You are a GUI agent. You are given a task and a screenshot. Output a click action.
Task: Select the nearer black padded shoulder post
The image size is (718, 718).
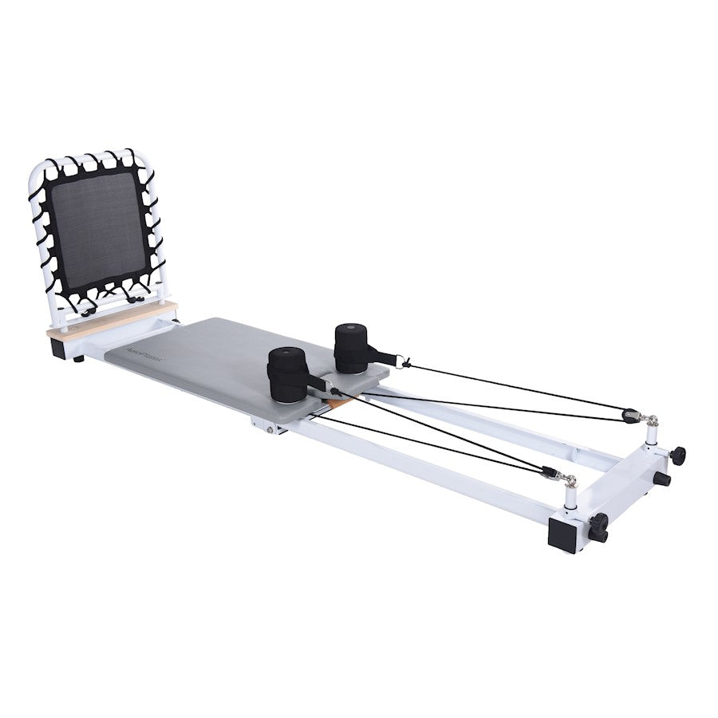point(288,374)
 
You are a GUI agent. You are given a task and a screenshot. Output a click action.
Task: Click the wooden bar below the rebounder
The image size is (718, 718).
point(112,318)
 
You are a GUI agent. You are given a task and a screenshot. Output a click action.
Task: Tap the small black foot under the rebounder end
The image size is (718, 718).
point(78,360)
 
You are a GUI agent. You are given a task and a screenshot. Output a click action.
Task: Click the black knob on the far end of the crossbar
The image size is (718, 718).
point(677,456)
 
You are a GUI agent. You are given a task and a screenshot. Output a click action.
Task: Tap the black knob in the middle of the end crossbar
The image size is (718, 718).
point(661,479)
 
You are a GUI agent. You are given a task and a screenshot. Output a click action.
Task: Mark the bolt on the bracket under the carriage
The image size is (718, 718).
point(270,428)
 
